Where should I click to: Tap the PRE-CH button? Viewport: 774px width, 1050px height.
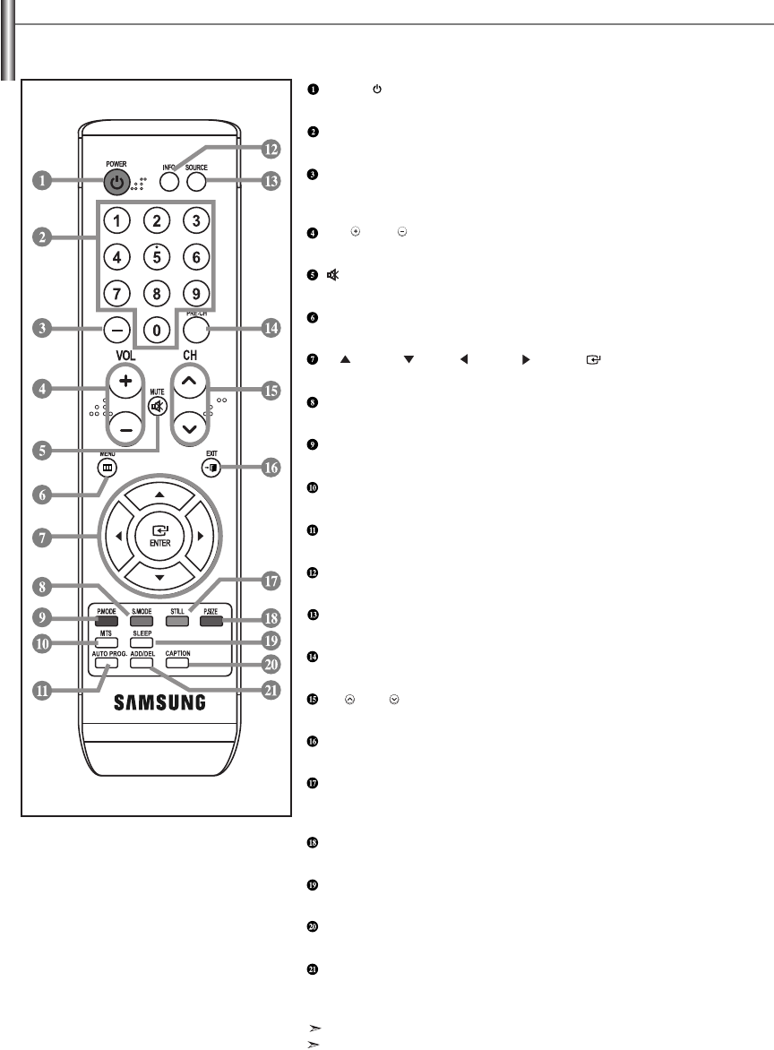196,329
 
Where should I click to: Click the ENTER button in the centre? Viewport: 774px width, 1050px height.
158,536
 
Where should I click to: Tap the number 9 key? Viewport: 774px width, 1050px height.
196,293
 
